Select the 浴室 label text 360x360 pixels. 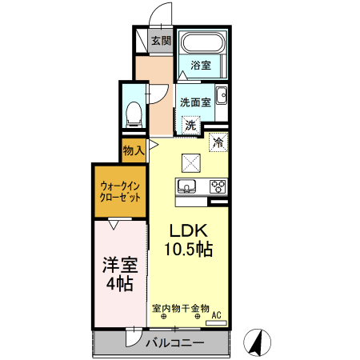point(201,66)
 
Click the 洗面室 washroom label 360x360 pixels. point(194,102)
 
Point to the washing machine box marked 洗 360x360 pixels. point(190,124)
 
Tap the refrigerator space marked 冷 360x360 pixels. point(218,142)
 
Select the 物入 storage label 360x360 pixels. point(134,150)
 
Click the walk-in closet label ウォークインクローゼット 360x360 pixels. point(120,190)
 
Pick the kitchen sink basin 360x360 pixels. point(187,187)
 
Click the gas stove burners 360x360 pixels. point(218,187)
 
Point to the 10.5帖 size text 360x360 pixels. point(188,250)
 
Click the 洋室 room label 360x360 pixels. point(117,264)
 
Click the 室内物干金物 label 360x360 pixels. point(180,307)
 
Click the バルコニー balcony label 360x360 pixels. point(174,342)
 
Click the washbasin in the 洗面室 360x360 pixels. point(222,99)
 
